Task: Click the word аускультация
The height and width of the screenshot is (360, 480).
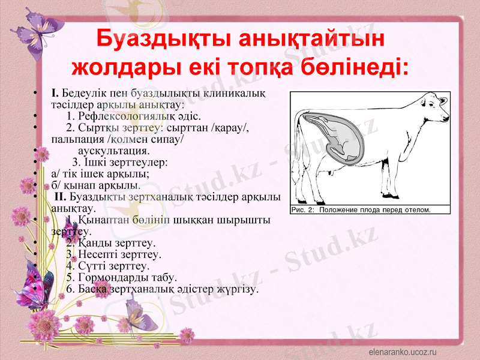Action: pos(114,151)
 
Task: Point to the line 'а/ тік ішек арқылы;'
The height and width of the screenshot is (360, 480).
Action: pos(100,174)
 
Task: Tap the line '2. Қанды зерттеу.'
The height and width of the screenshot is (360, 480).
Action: pos(111,243)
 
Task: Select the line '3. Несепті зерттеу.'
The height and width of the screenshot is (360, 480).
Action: pos(114,254)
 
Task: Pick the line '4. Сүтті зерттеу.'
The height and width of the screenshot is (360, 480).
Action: pos(108,266)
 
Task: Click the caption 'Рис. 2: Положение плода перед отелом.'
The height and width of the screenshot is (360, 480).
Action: pos(361,210)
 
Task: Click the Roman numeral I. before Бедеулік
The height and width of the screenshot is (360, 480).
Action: pos(55,93)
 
